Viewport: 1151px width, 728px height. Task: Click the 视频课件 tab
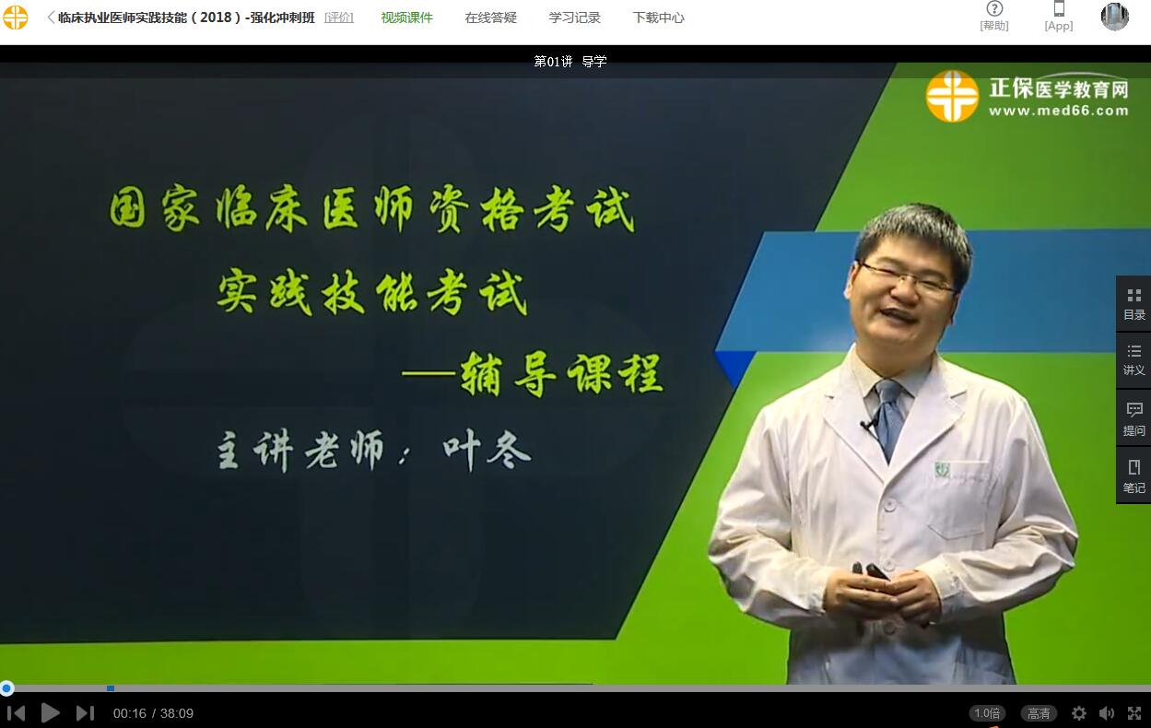click(x=406, y=18)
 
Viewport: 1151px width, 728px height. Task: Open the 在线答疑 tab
click(x=490, y=18)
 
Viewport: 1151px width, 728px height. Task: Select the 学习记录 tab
click(x=574, y=18)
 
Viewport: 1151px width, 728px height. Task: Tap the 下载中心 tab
click(x=658, y=18)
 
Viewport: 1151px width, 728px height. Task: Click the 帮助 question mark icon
click(x=994, y=8)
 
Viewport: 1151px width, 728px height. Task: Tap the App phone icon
click(x=1059, y=8)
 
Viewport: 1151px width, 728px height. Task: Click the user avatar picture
click(x=1114, y=17)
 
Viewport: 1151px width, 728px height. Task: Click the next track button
click(x=86, y=713)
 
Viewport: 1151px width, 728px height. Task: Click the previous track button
click(x=17, y=713)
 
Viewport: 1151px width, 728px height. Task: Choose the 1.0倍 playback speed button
click(x=987, y=713)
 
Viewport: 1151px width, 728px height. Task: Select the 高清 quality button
click(x=1039, y=713)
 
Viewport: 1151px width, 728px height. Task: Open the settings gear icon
click(x=1078, y=713)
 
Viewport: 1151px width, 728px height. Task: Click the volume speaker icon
click(x=1106, y=713)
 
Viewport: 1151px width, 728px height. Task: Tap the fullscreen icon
click(x=1134, y=713)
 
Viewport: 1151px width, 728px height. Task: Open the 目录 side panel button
click(x=1134, y=304)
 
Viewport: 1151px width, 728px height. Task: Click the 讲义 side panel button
click(x=1134, y=360)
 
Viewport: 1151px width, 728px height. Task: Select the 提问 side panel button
click(x=1134, y=418)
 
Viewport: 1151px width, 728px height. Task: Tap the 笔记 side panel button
click(x=1134, y=476)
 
